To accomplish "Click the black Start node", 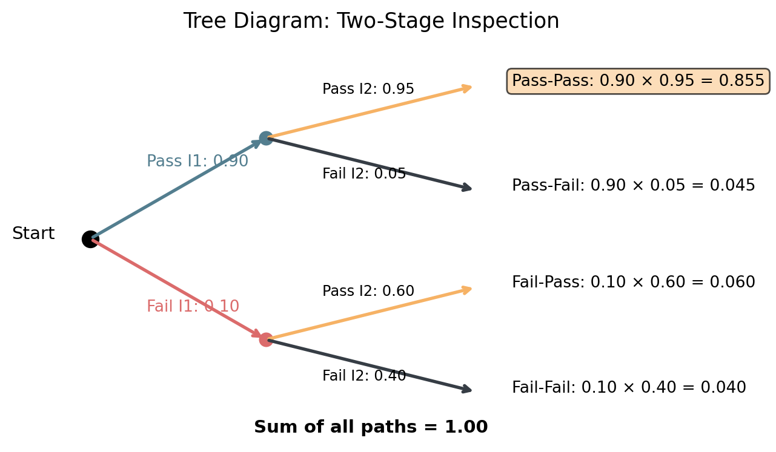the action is click(90, 239).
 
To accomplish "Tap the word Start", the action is click(33, 234).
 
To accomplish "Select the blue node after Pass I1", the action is click(266, 139).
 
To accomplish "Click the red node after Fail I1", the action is click(266, 339).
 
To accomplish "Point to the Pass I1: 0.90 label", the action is click(197, 161).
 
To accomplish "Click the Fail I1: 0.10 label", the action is click(193, 306).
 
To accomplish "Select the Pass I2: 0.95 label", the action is click(368, 89).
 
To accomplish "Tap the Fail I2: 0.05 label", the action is click(364, 174).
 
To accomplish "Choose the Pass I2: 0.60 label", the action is click(368, 291).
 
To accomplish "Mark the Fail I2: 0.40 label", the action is click(364, 376).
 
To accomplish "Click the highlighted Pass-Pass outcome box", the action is click(638, 81).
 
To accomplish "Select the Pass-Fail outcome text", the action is click(633, 185).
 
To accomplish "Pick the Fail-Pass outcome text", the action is click(633, 282).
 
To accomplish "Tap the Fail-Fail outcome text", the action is click(629, 387).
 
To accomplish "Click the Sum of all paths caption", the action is click(371, 427).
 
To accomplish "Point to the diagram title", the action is click(371, 21).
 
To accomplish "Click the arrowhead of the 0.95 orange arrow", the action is click(468, 88).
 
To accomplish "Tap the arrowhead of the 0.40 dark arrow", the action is click(468, 389).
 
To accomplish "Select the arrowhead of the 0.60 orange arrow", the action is click(468, 290).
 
